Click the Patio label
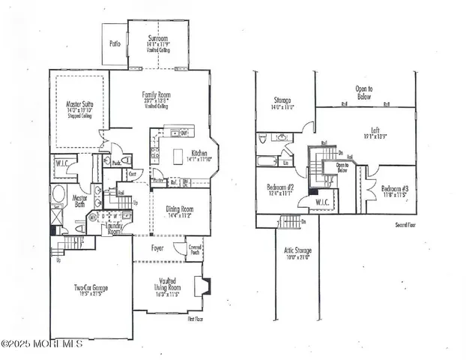115,44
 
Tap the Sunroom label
158,38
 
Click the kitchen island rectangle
178,156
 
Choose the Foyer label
157,247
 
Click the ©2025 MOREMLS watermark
42,343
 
